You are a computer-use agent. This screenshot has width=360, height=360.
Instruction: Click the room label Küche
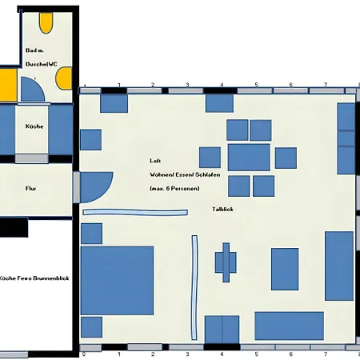coord(34,126)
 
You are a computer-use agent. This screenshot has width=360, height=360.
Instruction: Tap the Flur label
coord(31,189)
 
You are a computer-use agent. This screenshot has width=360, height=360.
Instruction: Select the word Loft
coord(155,161)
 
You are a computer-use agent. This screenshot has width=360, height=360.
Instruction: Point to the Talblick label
coord(222,210)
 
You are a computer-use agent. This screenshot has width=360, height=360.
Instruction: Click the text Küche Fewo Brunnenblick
coord(34,278)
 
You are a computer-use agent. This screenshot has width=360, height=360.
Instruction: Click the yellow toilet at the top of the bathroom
coord(46,23)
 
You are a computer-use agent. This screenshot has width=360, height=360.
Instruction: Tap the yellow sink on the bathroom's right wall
coord(64,78)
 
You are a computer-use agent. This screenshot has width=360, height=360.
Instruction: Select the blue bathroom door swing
coord(32,90)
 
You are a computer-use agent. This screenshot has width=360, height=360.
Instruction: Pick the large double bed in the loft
coord(117,280)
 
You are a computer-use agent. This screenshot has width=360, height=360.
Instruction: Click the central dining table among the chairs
coord(249,158)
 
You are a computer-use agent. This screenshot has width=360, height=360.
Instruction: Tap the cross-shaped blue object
coord(226,262)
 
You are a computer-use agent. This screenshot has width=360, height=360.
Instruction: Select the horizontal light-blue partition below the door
coord(135,212)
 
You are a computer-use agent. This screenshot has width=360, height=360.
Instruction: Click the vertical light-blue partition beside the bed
coord(194,287)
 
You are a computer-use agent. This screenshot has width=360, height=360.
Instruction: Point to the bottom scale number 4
coord(222,354)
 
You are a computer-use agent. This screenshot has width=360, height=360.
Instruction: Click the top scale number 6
coord(290,85)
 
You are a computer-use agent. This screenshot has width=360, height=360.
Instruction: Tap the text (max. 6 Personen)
coord(174,189)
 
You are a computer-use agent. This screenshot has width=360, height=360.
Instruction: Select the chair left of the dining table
coord(210,158)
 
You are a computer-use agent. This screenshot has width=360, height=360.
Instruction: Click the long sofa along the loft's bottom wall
coord(290,326)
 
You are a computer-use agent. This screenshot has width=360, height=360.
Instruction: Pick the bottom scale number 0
coord(84,354)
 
